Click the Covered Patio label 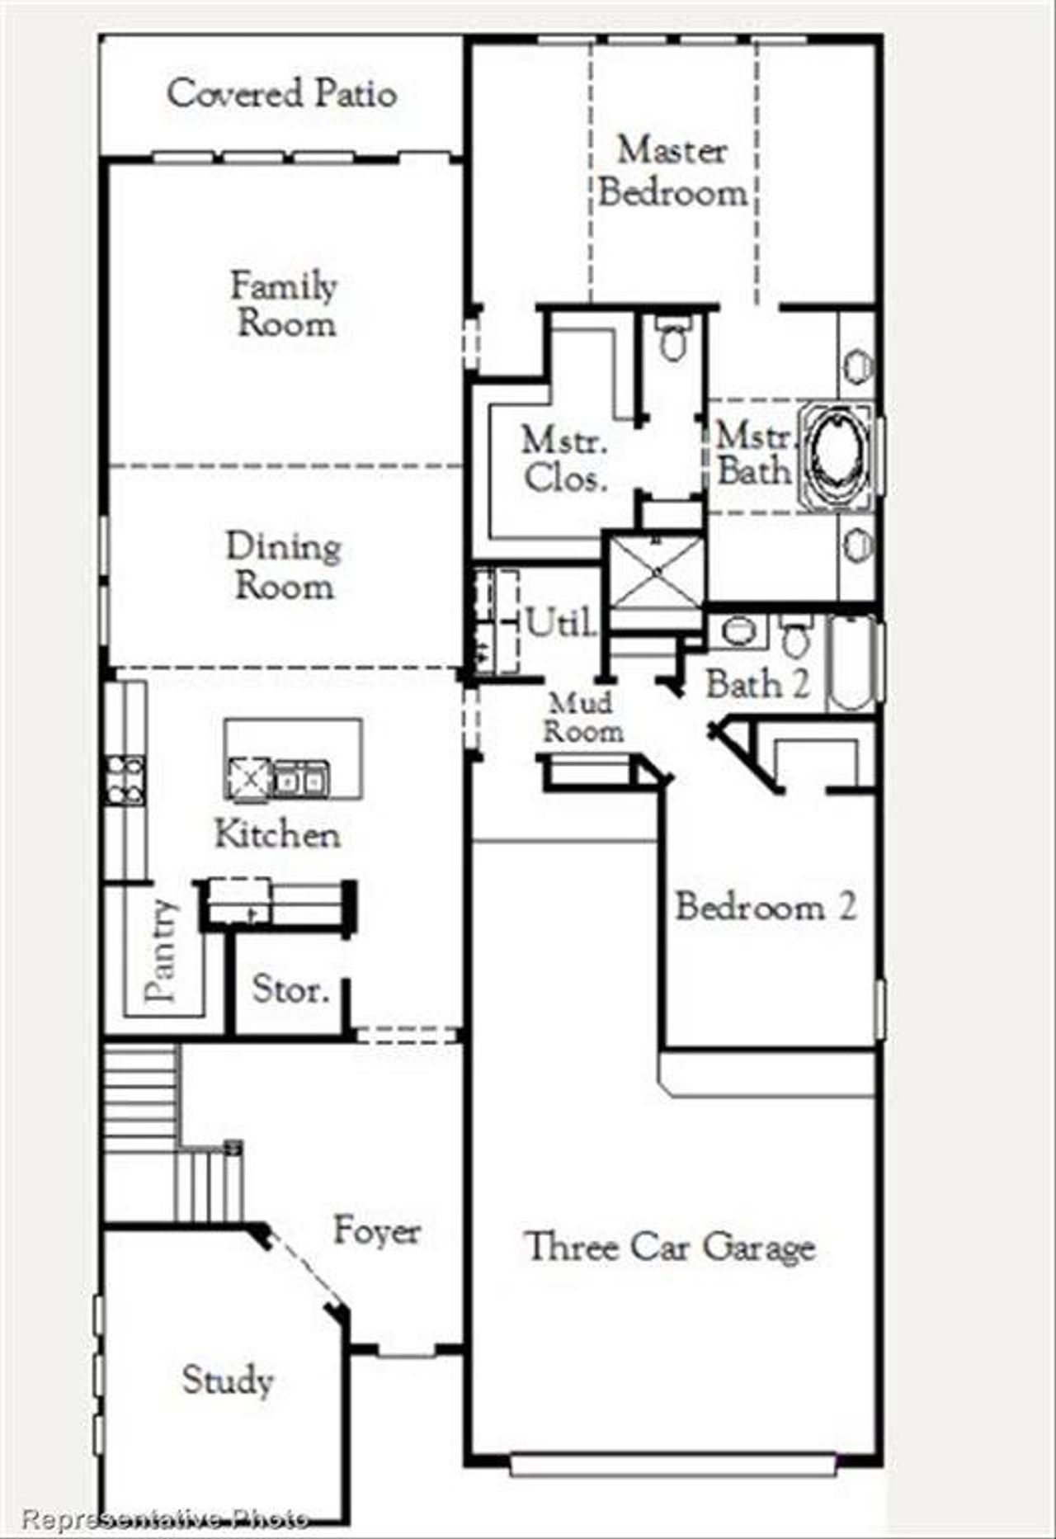[281, 93]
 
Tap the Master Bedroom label [672, 172]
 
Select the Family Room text [285, 304]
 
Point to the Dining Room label [284, 566]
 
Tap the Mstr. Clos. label [565, 459]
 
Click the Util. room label [561, 622]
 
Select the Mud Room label [582, 717]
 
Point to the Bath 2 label [757, 684]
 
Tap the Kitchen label [277, 833]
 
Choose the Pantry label [161, 950]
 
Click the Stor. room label [290, 989]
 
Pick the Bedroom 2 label [766, 906]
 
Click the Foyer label [377, 1230]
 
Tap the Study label [228, 1379]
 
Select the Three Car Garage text [671, 1247]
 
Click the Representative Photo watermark [165, 1517]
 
